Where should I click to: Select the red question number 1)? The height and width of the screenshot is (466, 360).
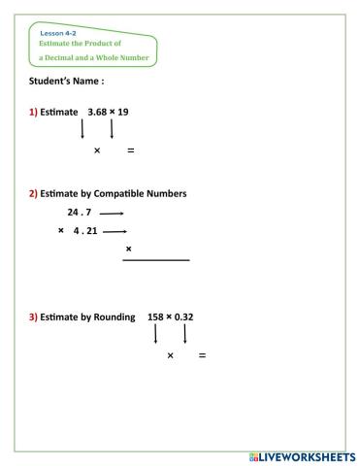34,112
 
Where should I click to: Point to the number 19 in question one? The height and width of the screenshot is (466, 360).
122,112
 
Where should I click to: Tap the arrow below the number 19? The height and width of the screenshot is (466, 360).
112,129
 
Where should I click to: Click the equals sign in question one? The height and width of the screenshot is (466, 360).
130,150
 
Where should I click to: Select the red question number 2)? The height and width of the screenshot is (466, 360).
34,193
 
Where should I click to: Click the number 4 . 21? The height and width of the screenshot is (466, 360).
85,231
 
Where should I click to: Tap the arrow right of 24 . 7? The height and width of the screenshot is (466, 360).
112,213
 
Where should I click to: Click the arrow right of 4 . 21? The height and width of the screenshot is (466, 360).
115,232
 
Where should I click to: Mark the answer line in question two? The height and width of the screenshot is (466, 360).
156,259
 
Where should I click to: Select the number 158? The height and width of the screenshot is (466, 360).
155,316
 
